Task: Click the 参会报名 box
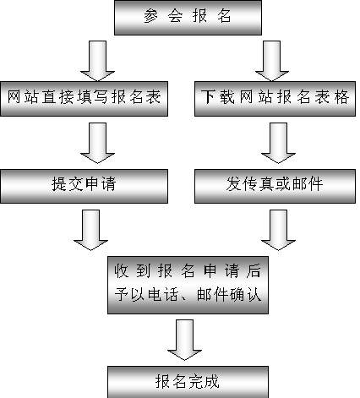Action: click(188, 18)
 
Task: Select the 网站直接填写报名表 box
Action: click(84, 99)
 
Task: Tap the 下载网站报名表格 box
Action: click(275, 99)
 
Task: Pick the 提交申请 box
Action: click(84, 186)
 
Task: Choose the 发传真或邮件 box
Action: click(275, 186)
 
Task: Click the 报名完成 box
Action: click(188, 382)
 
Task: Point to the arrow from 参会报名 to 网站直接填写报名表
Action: click(97, 61)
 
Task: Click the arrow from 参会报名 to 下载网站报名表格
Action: click(272, 61)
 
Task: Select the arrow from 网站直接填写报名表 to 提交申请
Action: click(97, 143)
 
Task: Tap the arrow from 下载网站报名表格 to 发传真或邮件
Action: click(278, 143)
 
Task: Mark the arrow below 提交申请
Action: click(90, 230)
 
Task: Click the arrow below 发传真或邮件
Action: click(278, 230)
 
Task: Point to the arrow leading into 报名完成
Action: click(184, 340)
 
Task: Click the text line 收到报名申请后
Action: click(188, 271)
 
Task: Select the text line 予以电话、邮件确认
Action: click(188, 295)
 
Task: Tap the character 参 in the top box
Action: click(151, 15)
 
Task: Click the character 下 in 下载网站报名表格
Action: click(208, 96)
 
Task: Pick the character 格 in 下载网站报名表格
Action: click(341, 96)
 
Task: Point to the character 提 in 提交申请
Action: click(59, 184)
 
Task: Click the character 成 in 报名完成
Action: click(211, 382)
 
